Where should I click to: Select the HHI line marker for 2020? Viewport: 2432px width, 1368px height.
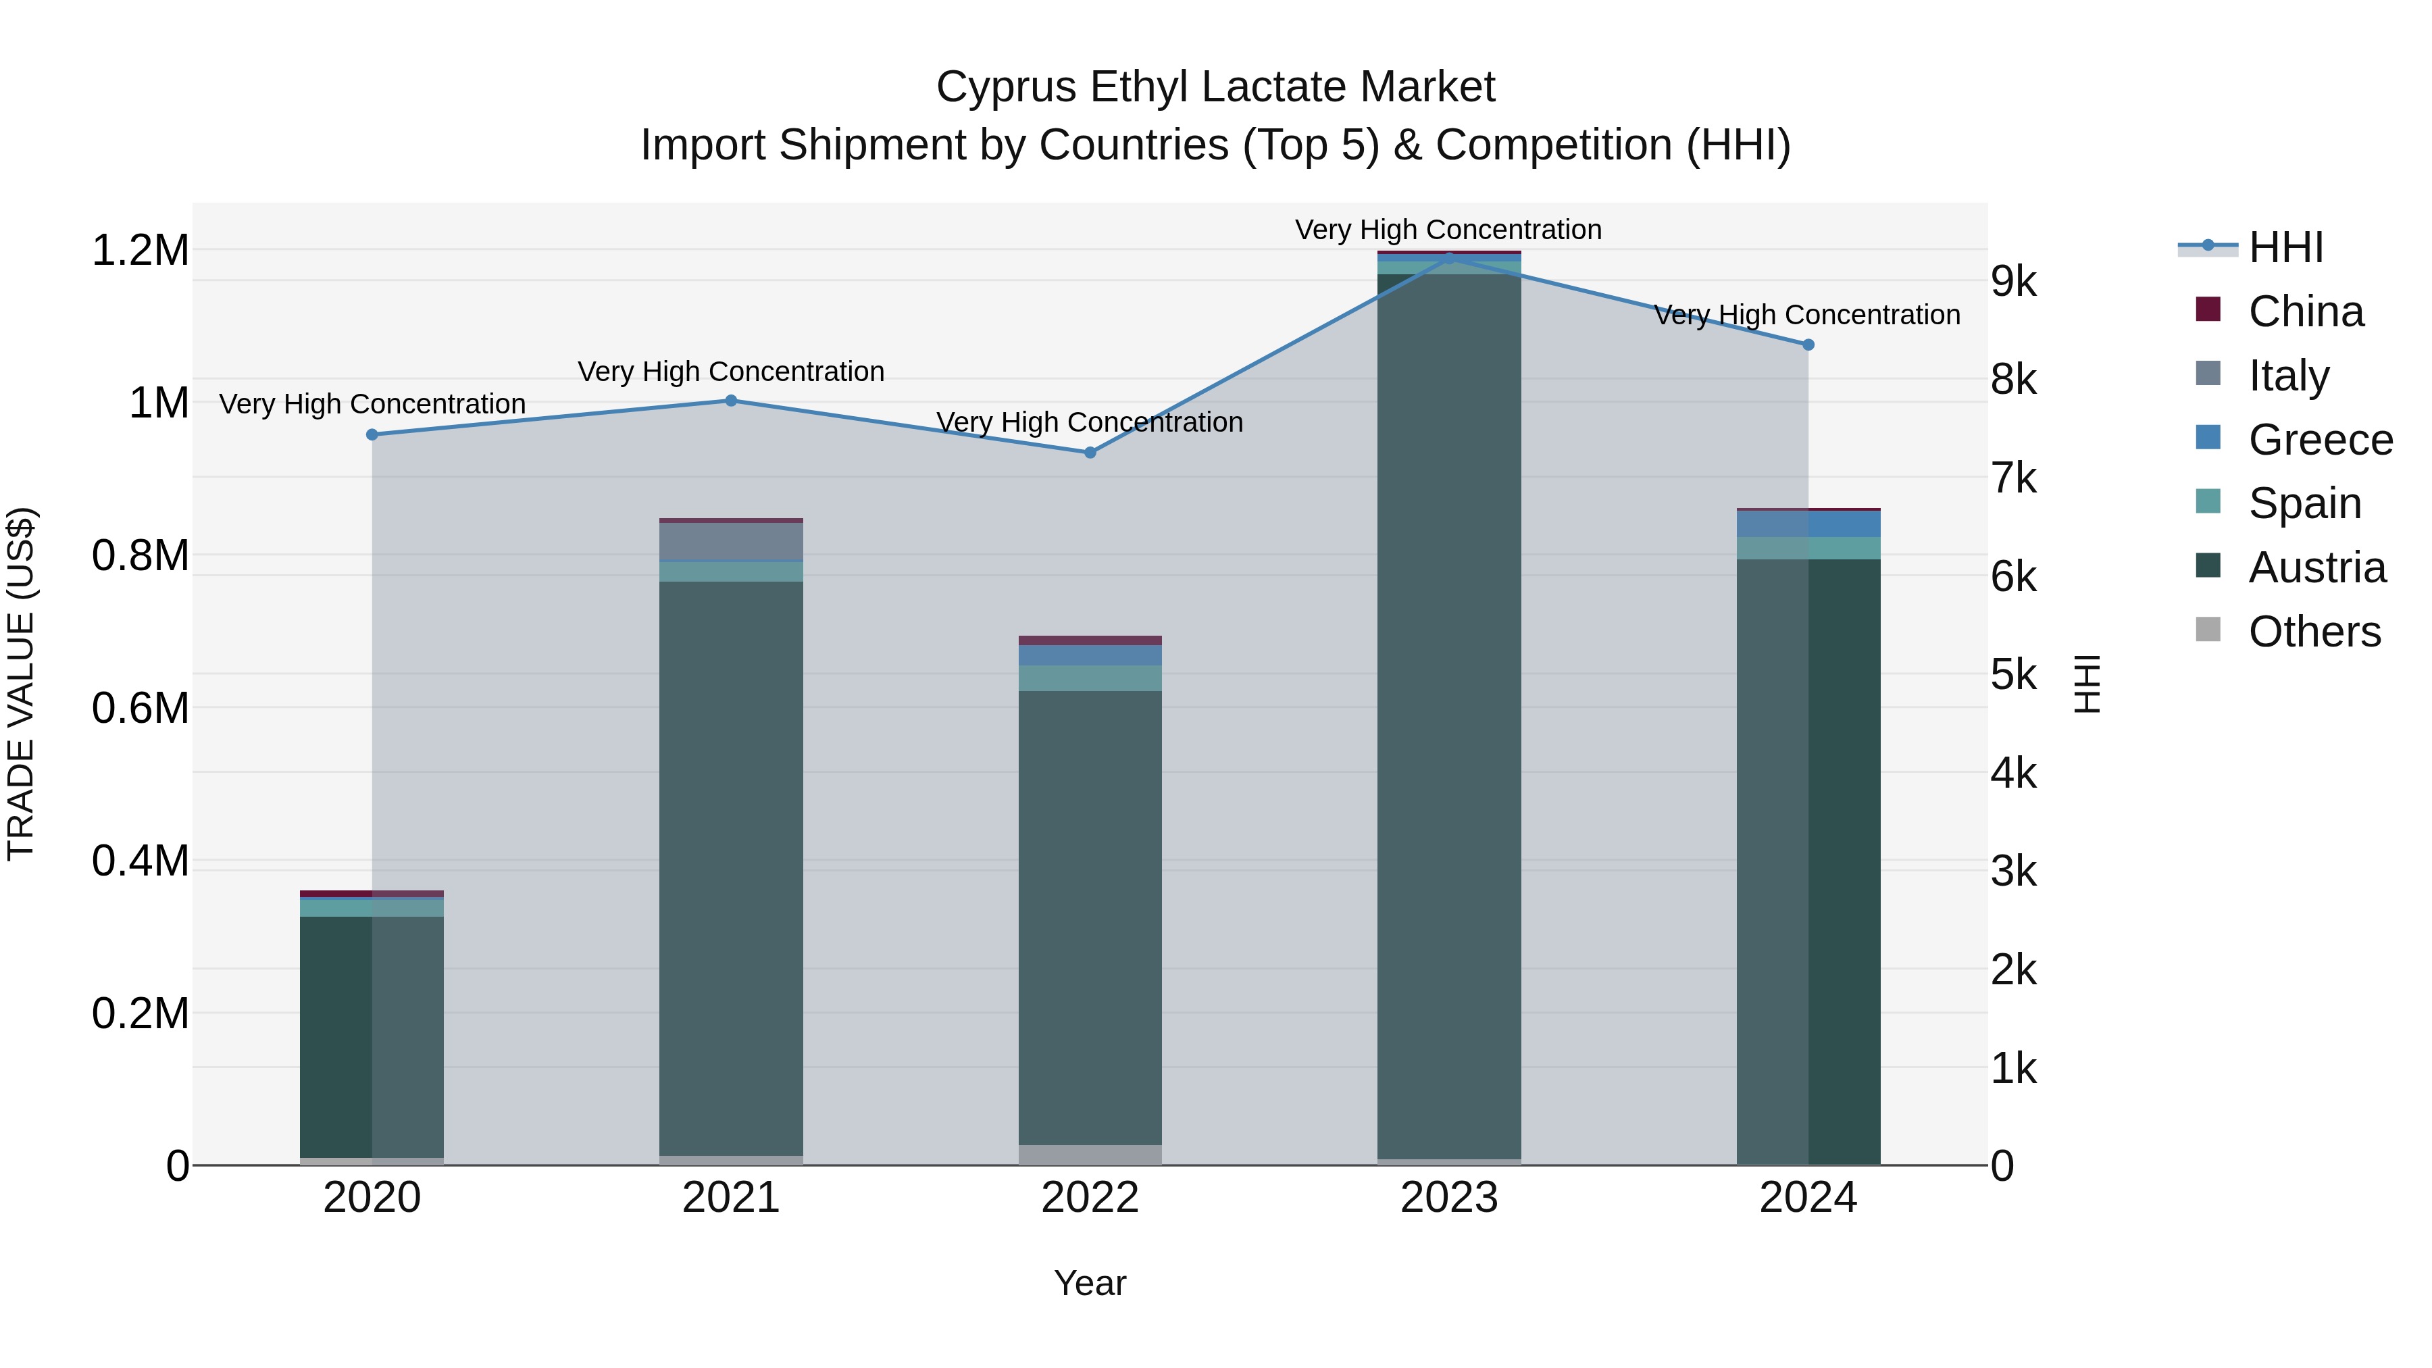click(372, 434)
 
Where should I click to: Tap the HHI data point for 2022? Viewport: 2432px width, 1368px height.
click(1090, 452)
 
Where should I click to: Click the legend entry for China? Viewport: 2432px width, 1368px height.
click(2304, 311)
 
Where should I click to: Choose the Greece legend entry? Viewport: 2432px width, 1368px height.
click(2320, 440)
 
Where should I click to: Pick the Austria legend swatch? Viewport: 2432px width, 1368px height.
click(2208, 567)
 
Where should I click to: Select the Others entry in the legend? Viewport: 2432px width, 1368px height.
click(2313, 632)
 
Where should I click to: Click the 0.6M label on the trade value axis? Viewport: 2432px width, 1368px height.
click(140, 708)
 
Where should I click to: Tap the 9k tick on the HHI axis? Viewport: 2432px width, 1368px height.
click(2014, 281)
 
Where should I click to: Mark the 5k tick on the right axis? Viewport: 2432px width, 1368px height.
click(2014, 675)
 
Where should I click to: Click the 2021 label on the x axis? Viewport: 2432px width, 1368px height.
click(731, 1198)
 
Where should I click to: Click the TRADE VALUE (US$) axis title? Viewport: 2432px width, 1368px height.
click(21, 684)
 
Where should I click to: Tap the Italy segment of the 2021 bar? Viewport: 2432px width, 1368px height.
click(731, 541)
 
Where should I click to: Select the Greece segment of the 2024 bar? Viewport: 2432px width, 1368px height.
click(1808, 524)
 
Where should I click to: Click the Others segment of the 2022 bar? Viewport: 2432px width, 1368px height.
click(1090, 1155)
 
